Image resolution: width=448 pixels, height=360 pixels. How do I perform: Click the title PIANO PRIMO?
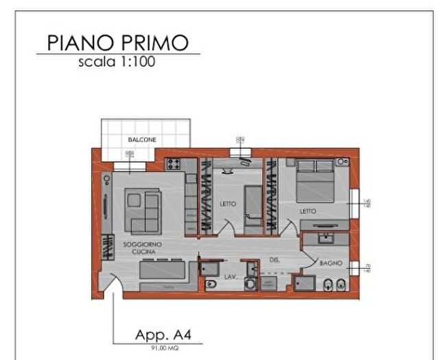[x=117, y=43]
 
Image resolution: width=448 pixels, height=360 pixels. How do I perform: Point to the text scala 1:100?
[x=117, y=62]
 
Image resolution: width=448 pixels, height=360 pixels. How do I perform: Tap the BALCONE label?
[x=142, y=140]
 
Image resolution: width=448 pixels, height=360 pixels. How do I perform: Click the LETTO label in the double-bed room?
[x=308, y=211]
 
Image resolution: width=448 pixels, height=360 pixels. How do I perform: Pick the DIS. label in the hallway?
[x=274, y=260]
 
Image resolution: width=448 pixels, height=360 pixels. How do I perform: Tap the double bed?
[x=315, y=182]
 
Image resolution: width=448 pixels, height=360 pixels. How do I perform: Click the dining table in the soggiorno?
[x=163, y=269]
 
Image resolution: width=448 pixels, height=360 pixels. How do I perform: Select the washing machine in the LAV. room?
[x=251, y=284]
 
